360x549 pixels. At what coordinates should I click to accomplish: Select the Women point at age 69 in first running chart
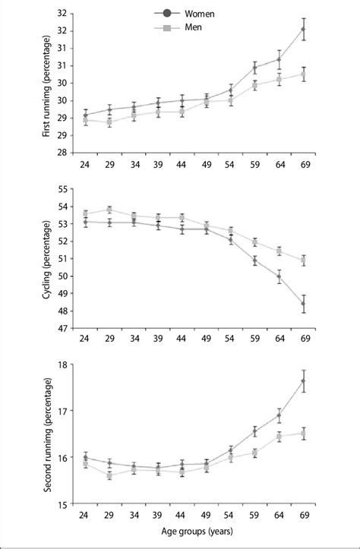pos(304,29)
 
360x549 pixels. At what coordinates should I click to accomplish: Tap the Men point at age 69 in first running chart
pos(304,74)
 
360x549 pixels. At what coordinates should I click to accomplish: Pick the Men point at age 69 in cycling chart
pos(304,260)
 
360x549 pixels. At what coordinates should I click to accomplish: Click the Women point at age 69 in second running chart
pos(304,381)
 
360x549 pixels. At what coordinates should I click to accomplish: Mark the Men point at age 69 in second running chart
pos(304,434)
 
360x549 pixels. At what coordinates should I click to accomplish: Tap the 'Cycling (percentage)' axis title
pos(48,258)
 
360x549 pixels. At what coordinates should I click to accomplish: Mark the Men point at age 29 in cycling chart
pos(109,210)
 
